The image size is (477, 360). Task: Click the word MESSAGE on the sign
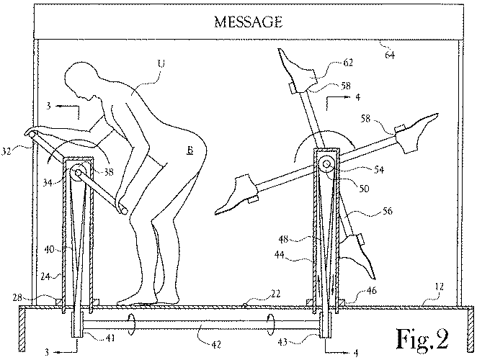[x=249, y=22]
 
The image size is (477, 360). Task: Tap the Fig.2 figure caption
[x=422, y=339]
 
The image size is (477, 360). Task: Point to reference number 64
[x=390, y=55]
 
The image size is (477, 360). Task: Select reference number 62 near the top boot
[x=348, y=63]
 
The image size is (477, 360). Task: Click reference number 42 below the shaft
[x=215, y=344]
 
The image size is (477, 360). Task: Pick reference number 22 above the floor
[x=275, y=294]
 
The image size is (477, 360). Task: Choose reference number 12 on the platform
[x=440, y=287]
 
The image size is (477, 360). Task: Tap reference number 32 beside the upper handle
[x=6, y=150]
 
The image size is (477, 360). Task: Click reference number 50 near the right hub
[x=364, y=189]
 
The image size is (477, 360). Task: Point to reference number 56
[x=387, y=211]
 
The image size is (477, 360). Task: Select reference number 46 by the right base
[x=371, y=290]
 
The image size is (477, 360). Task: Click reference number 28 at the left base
[x=17, y=297]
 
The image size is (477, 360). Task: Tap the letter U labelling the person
[x=161, y=63]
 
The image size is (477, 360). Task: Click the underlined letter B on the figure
[x=190, y=150]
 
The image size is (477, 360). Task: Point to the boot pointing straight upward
[x=297, y=71]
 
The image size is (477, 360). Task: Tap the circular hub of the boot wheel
[x=326, y=164]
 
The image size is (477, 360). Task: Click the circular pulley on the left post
[x=79, y=172]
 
